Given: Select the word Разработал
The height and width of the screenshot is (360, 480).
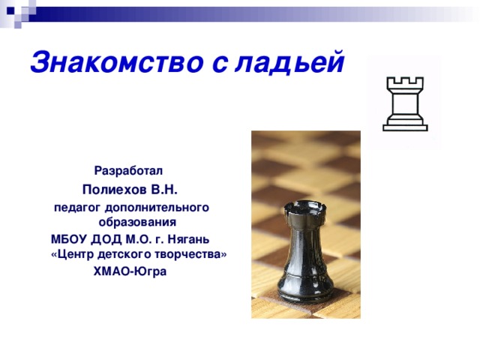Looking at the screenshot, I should [x=127, y=171].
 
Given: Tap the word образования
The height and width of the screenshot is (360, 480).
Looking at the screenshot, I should [x=137, y=223].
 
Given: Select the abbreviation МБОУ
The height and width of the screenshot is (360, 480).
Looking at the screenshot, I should [x=68, y=239].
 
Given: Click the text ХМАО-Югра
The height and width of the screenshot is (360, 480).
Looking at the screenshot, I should [x=129, y=271].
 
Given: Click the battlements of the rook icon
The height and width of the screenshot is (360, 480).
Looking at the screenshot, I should [x=404, y=82].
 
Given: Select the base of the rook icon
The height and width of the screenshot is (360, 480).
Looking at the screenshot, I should [x=404, y=126].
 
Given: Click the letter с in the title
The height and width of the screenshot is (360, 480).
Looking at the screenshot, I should [x=220, y=64].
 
